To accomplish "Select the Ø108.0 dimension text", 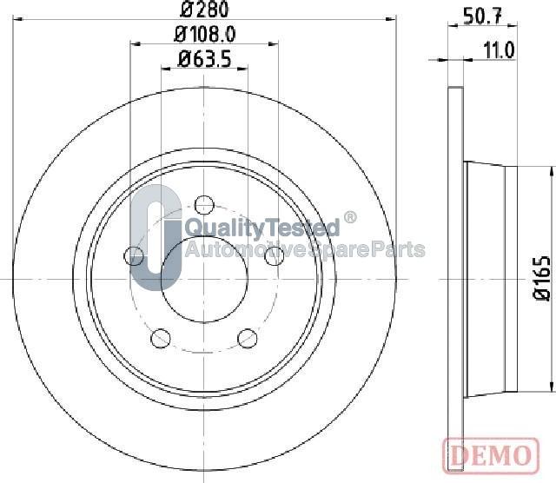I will (205, 35).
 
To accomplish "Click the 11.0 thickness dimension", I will (499, 50).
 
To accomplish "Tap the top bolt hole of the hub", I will (204, 205).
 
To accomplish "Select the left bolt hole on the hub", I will (135, 255).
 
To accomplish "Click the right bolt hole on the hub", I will (274, 255).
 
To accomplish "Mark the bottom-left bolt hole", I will (161, 337).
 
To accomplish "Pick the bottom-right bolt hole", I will (248, 337).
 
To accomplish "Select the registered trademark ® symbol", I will (350, 217).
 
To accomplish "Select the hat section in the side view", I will (491, 278).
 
